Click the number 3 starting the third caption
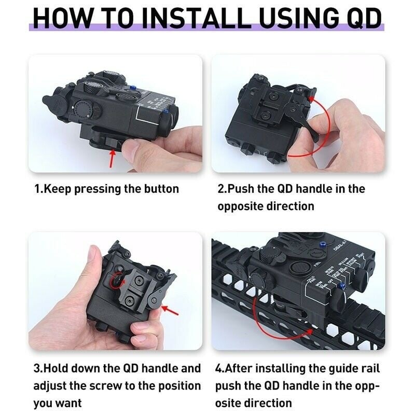pyautogui.click(x=37, y=369)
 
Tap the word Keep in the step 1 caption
pyautogui.click(x=57, y=189)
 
